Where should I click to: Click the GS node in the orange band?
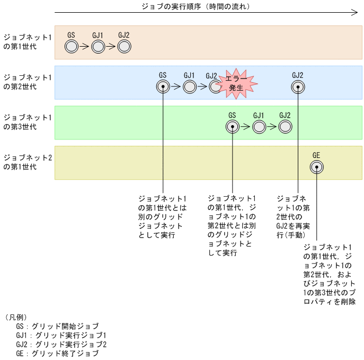(71, 47)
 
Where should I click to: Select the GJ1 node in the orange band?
(97, 47)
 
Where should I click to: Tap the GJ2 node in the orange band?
(124, 47)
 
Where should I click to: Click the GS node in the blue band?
(163, 86)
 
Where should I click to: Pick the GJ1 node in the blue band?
(189, 86)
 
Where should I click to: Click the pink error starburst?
(236, 83)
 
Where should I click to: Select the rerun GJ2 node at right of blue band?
(298, 86)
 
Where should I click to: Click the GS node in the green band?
(232, 127)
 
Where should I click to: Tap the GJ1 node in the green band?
(259, 127)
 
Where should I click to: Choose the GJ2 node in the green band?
(285, 127)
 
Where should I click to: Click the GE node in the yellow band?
(316, 167)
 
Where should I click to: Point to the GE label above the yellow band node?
(316, 155)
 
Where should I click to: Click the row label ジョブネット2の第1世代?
(28, 162)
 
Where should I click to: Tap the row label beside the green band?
(28, 121)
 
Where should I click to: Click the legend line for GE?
(57, 353)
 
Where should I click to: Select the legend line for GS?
(57, 326)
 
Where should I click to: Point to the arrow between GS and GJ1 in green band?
(245, 127)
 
